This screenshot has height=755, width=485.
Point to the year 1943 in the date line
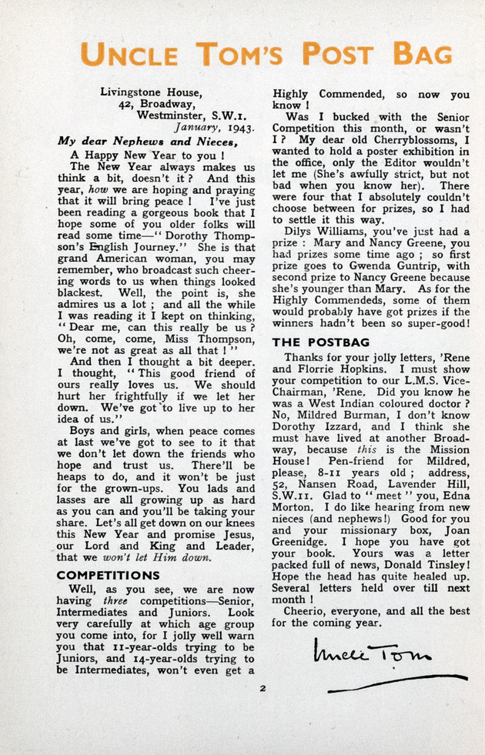point(238,128)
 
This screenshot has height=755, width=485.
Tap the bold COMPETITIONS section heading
point(109,575)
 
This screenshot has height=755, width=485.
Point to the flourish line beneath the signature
point(396,683)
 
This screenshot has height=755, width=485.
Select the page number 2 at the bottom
point(263,688)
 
